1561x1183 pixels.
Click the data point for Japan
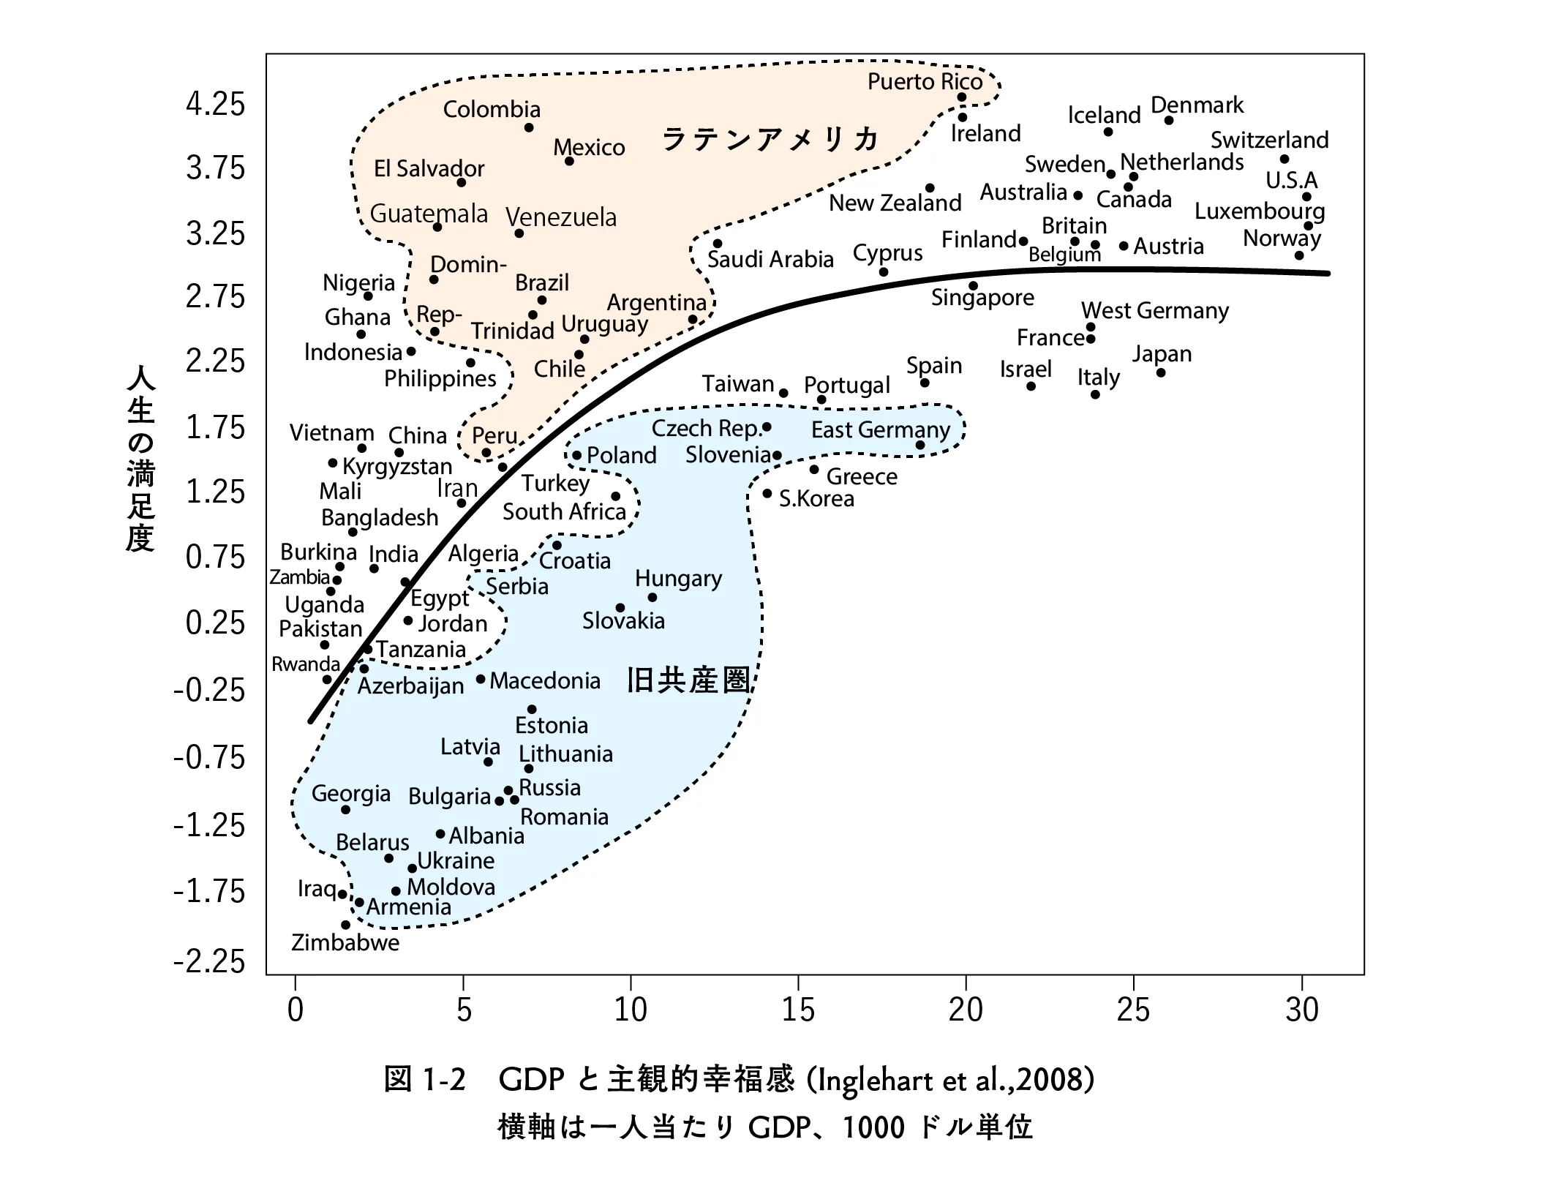[1160, 373]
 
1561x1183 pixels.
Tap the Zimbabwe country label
[345, 942]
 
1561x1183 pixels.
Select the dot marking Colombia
[529, 128]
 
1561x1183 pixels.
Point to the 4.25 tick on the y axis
[215, 104]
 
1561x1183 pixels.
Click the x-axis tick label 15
[797, 1010]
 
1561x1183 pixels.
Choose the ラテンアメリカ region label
[770, 139]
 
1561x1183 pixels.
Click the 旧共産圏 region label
[688, 680]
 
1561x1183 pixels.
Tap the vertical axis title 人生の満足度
[140, 459]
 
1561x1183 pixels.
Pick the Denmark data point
[1168, 121]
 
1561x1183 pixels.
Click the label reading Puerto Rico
[925, 81]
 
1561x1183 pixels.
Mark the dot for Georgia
[345, 810]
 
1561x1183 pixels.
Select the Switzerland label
[1269, 140]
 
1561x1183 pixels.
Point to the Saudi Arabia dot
[718, 244]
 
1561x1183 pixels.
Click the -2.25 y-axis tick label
[209, 961]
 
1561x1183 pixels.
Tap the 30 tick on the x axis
[1301, 1010]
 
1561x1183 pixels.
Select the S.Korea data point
[767, 494]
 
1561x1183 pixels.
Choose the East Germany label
[880, 429]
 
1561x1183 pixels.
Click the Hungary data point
[652, 598]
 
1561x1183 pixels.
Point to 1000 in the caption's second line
[873, 1127]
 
